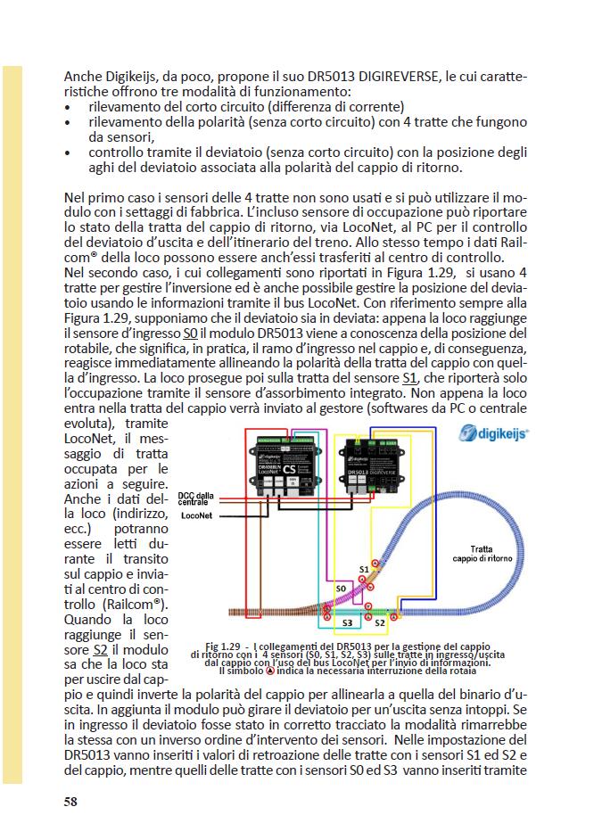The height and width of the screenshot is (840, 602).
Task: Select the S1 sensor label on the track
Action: tap(364, 568)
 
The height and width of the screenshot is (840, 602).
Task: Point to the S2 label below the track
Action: tap(392, 622)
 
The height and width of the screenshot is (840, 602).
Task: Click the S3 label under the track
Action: tap(349, 622)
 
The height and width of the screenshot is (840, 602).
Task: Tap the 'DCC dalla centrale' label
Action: tap(196, 498)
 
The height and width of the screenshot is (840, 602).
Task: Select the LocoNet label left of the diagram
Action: tap(196, 515)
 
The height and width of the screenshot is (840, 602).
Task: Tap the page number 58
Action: tap(70, 801)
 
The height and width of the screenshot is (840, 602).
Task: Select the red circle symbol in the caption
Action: tap(271, 671)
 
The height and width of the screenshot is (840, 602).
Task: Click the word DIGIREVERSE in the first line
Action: tap(395, 77)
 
